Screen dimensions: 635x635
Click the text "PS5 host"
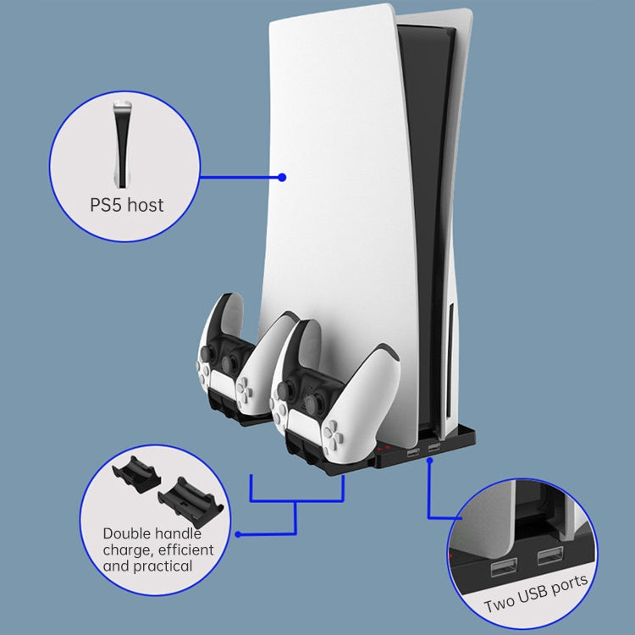tap(126, 205)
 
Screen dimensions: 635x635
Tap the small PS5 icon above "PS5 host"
tap(124, 144)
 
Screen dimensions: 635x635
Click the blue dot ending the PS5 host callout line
tap(282, 178)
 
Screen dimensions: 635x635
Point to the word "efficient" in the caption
tap(184, 550)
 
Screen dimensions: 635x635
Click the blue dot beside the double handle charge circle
tap(238, 534)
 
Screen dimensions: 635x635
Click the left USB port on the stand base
tap(412, 454)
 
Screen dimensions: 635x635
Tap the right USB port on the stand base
tap(434, 446)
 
